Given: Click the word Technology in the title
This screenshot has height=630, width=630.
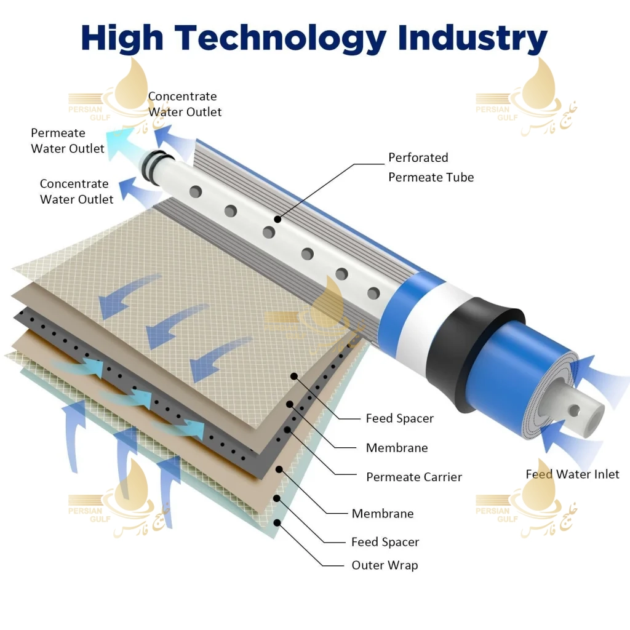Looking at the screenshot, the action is [281, 39].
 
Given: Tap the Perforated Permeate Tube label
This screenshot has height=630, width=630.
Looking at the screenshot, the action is [431, 167].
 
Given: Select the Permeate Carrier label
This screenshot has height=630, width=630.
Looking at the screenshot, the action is [414, 477].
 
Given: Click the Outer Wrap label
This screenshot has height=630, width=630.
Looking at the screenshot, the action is [385, 565].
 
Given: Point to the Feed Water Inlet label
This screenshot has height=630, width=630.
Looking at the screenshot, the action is [572, 474].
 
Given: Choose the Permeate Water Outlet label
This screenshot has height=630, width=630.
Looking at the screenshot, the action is [68, 141].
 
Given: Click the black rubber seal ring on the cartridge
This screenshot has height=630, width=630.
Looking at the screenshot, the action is [474, 354].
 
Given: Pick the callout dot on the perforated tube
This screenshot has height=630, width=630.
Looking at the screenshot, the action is [277, 220].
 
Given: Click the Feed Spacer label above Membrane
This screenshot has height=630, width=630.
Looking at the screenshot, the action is [399, 418].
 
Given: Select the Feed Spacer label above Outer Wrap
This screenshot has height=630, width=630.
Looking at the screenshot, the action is [385, 542].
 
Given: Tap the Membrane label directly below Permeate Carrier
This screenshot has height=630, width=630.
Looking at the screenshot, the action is [383, 514].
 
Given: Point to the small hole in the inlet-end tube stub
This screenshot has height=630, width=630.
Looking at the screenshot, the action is [574, 410].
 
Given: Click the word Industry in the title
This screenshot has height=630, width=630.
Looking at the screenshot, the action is [472, 39].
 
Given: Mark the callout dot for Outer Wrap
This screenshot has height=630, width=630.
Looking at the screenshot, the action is [277, 523].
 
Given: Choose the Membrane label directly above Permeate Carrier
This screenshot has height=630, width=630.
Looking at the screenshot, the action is [397, 448].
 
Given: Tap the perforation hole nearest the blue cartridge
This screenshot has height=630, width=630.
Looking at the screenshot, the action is [373, 293].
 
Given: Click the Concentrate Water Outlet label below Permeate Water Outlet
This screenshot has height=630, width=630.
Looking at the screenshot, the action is [76, 191].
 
